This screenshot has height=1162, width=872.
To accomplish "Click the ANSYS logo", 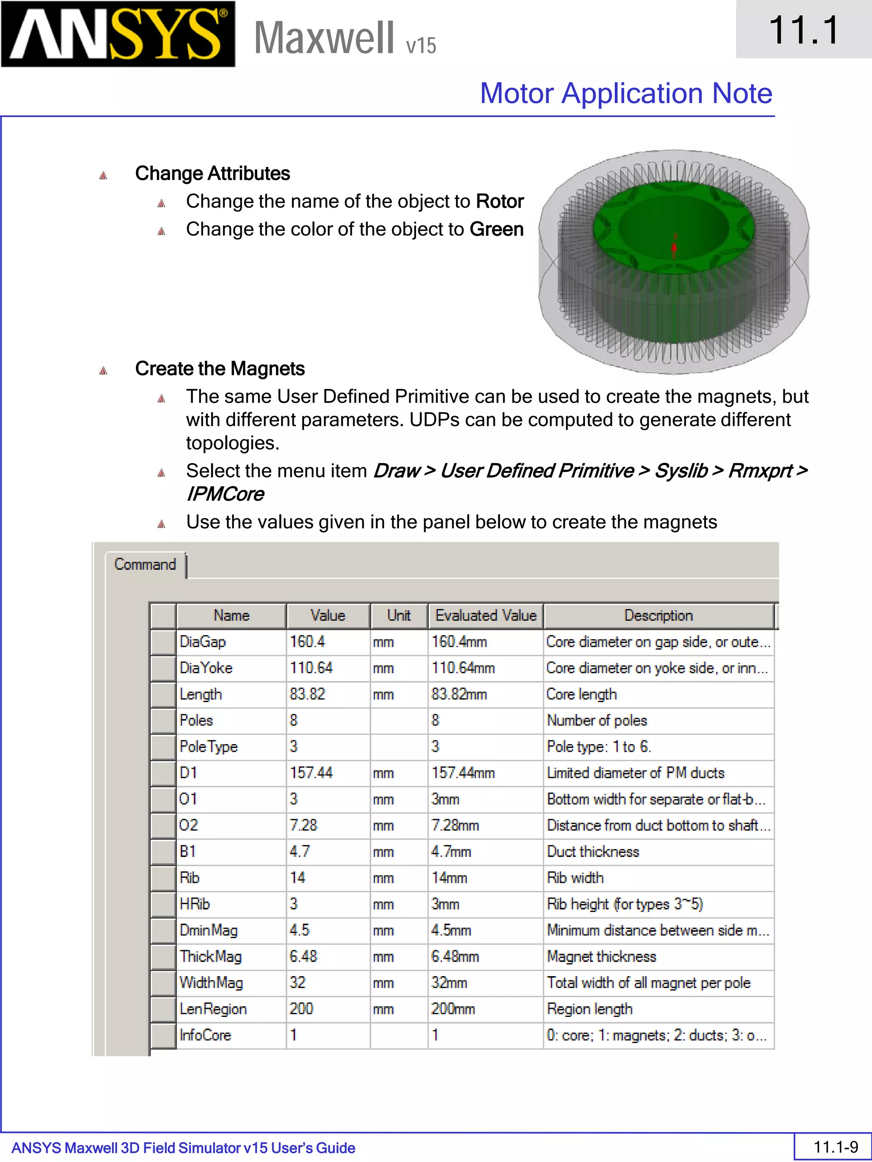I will pyautogui.click(x=118, y=34).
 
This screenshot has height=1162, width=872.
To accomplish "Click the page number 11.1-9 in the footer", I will pyautogui.click(x=835, y=1147).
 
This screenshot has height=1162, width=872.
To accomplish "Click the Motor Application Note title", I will pyautogui.click(x=625, y=94).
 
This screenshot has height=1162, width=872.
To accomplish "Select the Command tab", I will pyautogui.click(x=145, y=565).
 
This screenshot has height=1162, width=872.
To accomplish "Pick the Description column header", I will pyautogui.click(x=658, y=616).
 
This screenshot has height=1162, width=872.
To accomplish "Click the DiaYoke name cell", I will pyautogui.click(x=206, y=668).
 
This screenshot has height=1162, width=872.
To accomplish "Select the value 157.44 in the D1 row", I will pyautogui.click(x=311, y=773).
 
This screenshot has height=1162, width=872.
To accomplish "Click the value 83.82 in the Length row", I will pyautogui.click(x=307, y=694).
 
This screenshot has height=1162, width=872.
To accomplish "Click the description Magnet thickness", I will pyautogui.click(x=601, y=956).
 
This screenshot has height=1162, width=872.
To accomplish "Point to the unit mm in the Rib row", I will pyautogui.click(x=383, y=878).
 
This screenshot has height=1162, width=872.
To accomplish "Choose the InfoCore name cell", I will pyautogui.click(x=205, y=1035).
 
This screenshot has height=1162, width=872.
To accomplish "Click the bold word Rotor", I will pyautogui.click(x=499, y=202).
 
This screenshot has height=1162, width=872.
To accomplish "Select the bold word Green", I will pyautogui.click(x=496, y=230).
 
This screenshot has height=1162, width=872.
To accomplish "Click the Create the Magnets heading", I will pyautogui.click(x=220, y=369).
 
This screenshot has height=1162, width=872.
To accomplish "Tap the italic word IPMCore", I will pyautogui.click(x=225, y=494).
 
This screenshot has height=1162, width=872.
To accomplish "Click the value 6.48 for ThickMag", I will pyautogui.click(x=303, y=956).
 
